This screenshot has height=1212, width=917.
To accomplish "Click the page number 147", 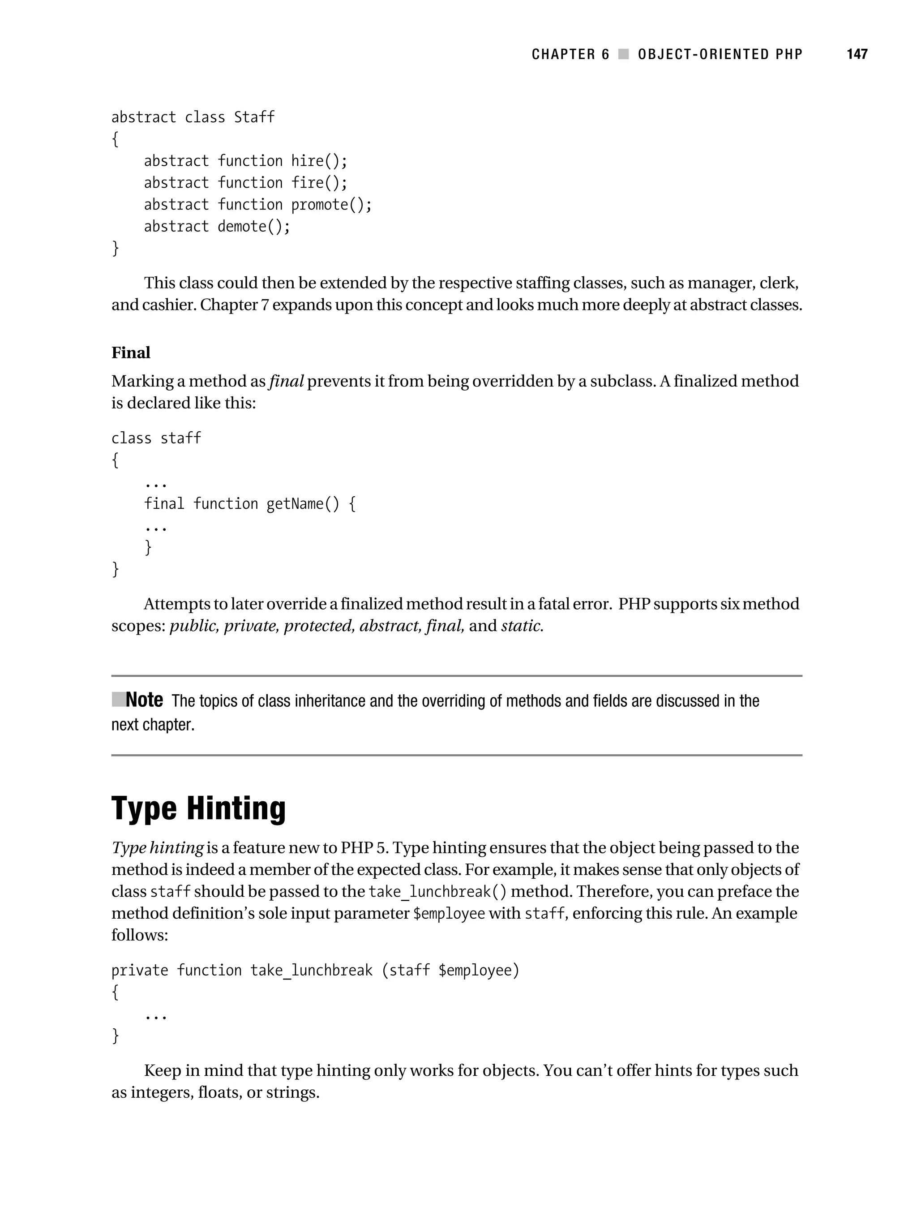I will coord(857,54).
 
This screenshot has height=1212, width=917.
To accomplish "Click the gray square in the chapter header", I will coord(623,54).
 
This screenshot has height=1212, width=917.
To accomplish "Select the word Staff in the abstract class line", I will coord(254,117).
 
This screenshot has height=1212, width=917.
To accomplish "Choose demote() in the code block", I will coord(253,226).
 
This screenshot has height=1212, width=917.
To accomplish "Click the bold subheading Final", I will coord(131,352).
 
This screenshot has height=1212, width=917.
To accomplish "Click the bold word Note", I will coord(144,700).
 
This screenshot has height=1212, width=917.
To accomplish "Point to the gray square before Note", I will coord(118,699).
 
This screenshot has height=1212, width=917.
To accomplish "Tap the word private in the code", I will coord(140,971).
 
